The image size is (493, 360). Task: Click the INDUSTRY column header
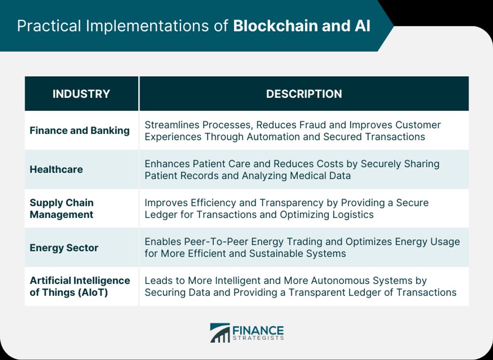click(x=81, y=94)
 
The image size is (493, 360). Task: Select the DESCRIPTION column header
click(x=304, y=94)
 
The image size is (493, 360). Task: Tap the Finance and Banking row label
click(x=79, y=131)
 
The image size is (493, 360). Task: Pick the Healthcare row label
click(x=56, y=170)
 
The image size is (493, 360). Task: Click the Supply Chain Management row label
click(x=62, y=209)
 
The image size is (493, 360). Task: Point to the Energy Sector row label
click(x=64, y=248)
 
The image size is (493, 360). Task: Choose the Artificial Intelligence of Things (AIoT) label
click(x=80, y=286)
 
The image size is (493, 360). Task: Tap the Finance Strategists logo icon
click(x=220, y=333)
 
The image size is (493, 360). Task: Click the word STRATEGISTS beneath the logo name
click(x=258, y=338)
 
